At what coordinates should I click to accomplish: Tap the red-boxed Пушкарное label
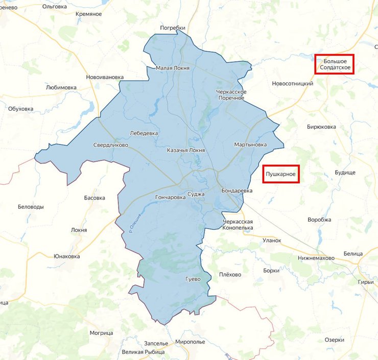(x=280, y=175)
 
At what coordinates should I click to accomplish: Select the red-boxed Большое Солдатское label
(x=335, y=64)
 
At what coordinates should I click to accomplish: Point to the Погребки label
(x=172, y=28)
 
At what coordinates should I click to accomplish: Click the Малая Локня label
(x=173, y=68)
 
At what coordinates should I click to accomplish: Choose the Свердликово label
(x=110, y=145)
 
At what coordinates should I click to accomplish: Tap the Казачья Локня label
(x=186, y=151)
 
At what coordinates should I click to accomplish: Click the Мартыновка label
(x=250, y=145)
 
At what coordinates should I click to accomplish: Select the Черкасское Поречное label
(x=231, y=94)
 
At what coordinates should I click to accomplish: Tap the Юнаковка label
(x=67, y=256)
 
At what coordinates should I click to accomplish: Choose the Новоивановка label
(x=105, y=77)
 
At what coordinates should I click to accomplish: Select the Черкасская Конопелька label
(x=238, y=225)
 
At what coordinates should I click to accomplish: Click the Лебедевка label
(x=144, y=133)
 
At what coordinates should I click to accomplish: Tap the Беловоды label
(x=31, y=207)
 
